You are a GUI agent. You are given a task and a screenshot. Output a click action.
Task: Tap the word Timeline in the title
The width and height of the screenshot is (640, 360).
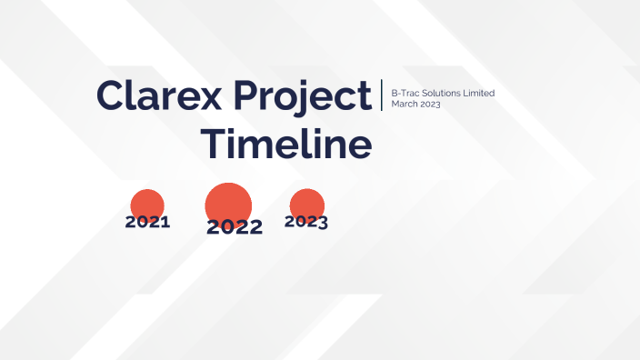pyautogui.click(x=285, y=145)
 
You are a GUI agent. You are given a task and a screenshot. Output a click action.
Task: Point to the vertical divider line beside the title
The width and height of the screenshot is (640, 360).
pyautogui.click(x=383, y=95)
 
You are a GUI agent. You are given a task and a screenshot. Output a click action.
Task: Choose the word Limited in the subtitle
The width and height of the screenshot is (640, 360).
pyautogui.click(x=479, y=94)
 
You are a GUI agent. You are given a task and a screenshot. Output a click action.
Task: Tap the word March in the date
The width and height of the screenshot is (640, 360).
pyautogui.click(x=404, y=104)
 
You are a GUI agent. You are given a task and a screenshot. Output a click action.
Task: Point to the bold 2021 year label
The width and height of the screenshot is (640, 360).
pyautogui.click(x=147, y=222)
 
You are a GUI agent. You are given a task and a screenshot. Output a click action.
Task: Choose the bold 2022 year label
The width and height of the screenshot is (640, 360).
pyautogui.click(x=235, y=227)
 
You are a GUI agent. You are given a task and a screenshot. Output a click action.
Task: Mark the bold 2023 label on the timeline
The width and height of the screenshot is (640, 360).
pyautogui.click(x=306, y=221)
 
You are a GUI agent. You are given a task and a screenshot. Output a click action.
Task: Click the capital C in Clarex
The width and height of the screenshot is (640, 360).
pyautogui.click(x=110, y=95)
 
